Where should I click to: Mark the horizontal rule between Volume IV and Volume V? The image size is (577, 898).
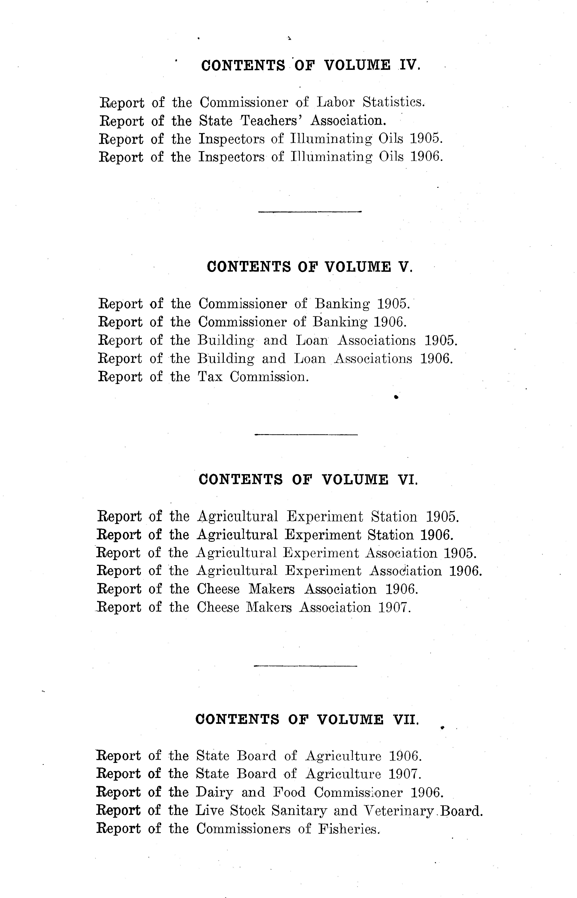[310, 212]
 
